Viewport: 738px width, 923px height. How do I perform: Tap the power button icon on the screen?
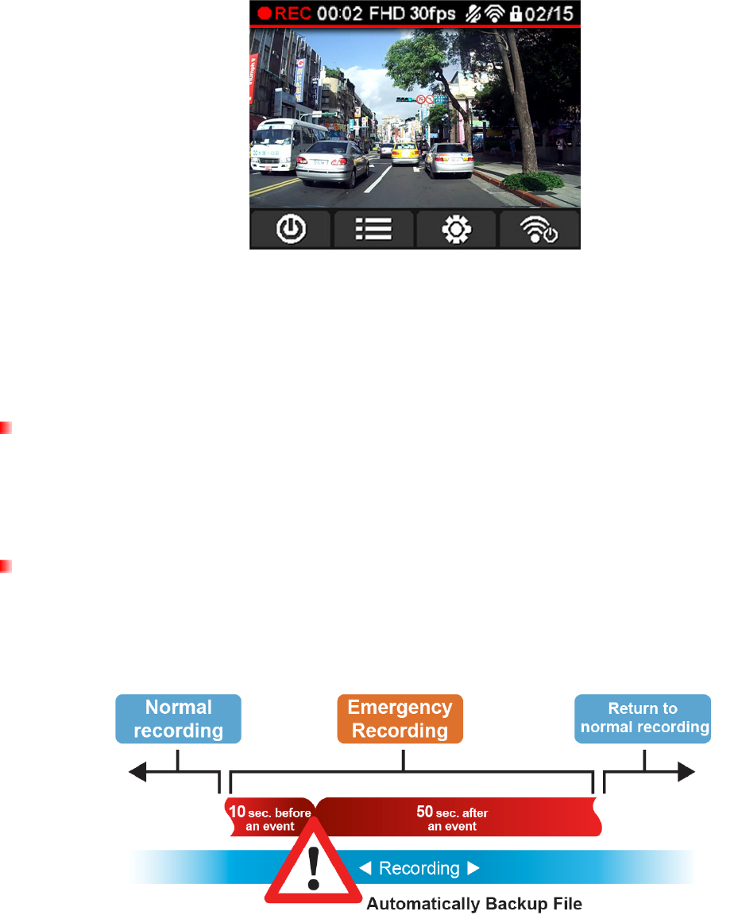coord(292,231)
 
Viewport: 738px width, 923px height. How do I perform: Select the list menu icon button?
coord(374,231)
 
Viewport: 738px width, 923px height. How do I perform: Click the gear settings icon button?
coord(457,231)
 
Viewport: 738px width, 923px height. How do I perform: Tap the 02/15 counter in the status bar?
coord(556,14)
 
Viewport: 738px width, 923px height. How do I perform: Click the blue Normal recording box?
coord(179,718)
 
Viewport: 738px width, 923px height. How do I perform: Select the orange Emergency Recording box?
coord(400,718)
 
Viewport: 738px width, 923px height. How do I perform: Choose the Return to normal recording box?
coord(643,718)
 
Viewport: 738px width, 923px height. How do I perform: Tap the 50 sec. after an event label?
coord(452,819)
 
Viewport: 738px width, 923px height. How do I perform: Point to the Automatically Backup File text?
coord(474,904)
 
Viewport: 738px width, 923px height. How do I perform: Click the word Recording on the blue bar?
coord(419,868)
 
